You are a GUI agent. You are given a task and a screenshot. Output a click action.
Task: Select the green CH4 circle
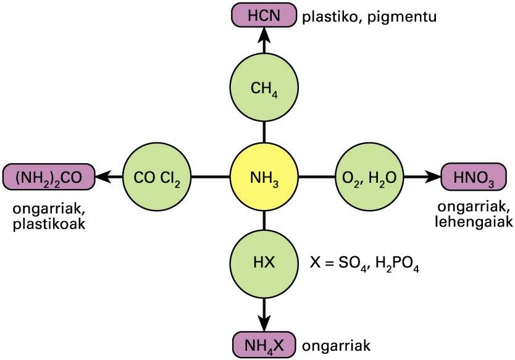[264, 88]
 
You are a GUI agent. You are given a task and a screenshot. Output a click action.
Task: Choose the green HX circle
[264, 262]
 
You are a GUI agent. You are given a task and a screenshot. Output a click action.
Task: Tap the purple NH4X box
[264, 343]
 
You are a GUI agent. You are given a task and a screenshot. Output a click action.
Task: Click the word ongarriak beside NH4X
[336, 345]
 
